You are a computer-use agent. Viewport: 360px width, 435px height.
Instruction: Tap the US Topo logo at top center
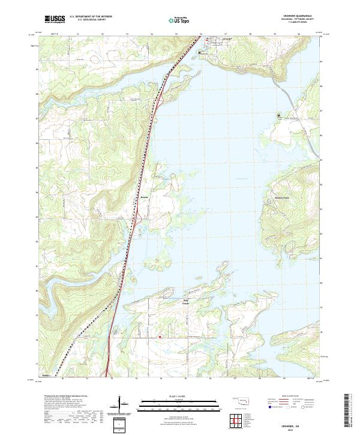[178, 20]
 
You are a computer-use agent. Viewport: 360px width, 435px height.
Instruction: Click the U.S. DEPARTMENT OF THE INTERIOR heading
[91, 17]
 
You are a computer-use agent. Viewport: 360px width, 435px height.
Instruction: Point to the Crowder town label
[226, 40]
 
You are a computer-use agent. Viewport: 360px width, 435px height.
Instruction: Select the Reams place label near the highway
[144, 196]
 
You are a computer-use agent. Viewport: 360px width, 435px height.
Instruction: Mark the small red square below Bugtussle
[160, 337]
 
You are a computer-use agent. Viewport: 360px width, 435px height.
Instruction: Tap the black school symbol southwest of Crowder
[200, 53]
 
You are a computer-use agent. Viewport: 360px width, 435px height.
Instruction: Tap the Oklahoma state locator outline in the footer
[242, 401]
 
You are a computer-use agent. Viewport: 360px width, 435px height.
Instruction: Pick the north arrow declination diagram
[124, 406]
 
